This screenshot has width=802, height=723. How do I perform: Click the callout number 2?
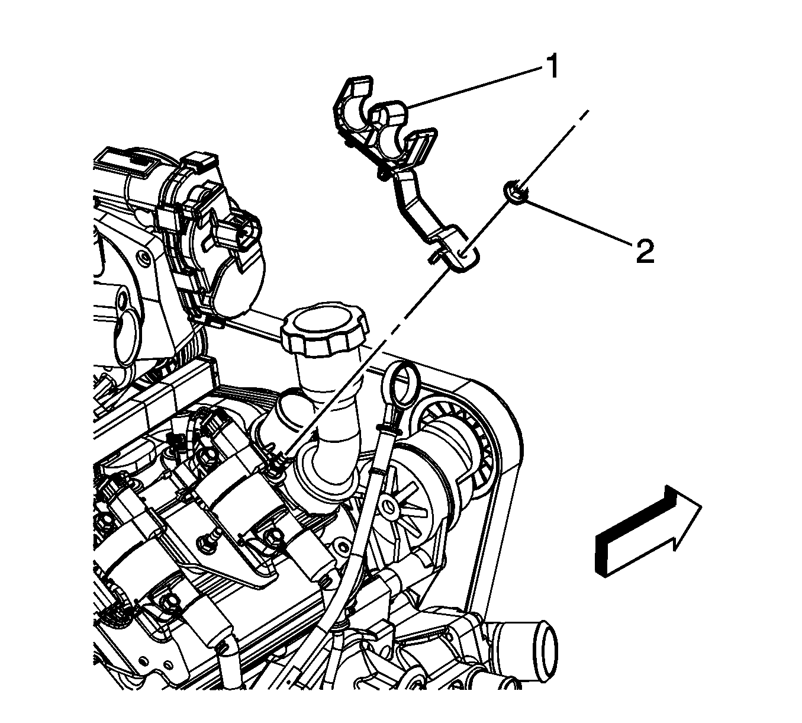tap(645, 251)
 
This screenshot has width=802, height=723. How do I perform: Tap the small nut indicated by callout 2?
tap(516, 193)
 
